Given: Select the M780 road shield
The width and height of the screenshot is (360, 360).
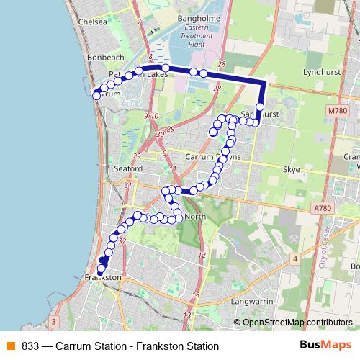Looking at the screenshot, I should pos(337,110).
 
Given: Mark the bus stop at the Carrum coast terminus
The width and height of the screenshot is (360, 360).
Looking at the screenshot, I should pos(95,93).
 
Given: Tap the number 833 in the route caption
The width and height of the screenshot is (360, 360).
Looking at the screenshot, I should pos(30,346).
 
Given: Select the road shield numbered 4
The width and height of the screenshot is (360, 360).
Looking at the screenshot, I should pos(295,258).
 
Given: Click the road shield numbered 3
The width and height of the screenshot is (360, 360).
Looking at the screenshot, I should pos(54,321).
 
